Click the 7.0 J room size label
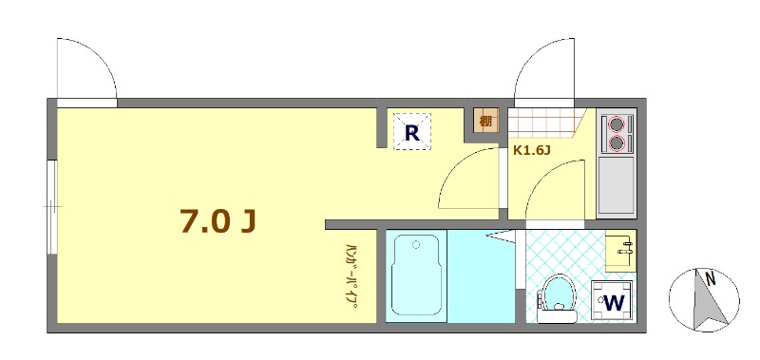point(218,220)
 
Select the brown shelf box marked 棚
point(486,121)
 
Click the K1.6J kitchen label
point(532,149)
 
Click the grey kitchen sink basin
point(617,185)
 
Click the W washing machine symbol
point(614,302)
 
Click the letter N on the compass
point(709,279)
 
